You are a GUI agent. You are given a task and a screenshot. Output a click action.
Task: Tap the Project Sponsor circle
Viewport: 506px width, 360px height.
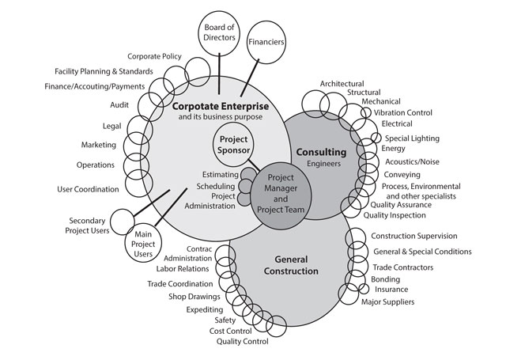tap(236, 145)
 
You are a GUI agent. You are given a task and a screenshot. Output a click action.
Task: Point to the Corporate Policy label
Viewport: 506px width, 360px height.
tap(155, 56)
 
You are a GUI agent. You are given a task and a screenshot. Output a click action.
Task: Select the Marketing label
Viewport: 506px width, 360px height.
tap(99, 145)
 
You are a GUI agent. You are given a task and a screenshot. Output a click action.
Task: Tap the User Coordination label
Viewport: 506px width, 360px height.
tap(89, 189)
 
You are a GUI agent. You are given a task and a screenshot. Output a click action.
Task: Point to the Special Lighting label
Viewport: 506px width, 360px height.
tap(411, 138)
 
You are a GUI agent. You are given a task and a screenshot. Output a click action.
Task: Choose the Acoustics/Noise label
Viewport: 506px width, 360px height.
tap(412, 161)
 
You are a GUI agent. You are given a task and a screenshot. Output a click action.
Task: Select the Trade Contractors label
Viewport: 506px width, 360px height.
tap(402, 267)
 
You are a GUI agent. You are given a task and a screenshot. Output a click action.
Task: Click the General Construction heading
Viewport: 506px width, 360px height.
tap(285, 265)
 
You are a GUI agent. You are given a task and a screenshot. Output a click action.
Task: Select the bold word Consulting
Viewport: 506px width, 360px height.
tap(321, 151)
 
